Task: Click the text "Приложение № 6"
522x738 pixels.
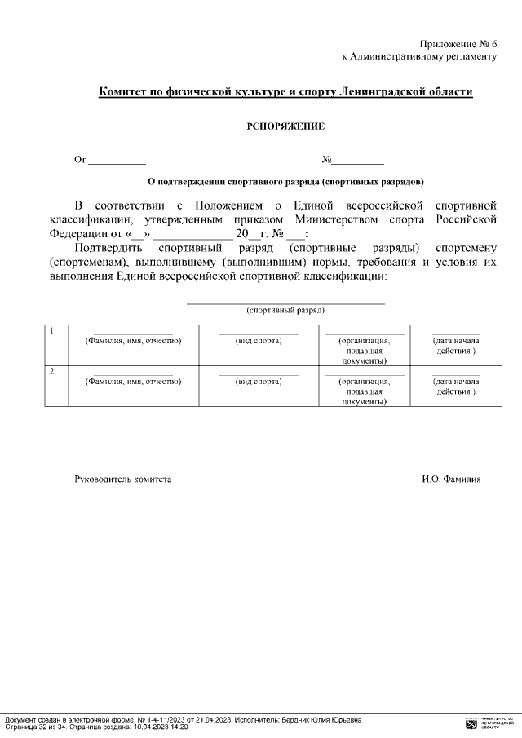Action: [458, 43]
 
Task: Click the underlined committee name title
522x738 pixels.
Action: [285, 92]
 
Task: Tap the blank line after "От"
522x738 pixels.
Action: [117, 162]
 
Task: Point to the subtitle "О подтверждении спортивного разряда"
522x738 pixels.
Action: [285, 181]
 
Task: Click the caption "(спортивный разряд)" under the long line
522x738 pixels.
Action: [285, 311]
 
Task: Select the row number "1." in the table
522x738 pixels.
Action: [53, 331]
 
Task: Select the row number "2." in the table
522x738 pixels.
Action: [53, 372]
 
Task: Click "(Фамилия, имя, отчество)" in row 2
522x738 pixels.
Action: [133, 382]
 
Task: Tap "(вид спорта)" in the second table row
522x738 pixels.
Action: [259, 382]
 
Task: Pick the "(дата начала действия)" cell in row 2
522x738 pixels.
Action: [456, 387]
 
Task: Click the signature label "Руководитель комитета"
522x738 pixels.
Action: [123, 480]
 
